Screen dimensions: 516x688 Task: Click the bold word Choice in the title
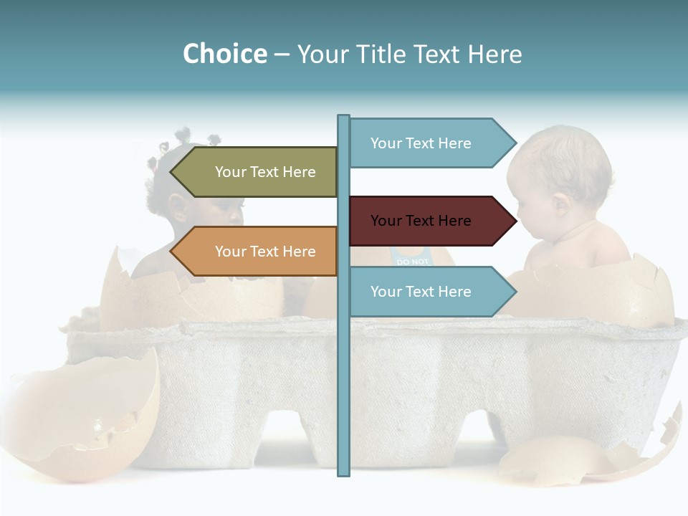point(224,54)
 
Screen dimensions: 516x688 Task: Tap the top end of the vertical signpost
point(343,118)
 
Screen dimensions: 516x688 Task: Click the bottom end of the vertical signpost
point(343,473)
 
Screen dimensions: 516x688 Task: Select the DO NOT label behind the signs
point(412,261)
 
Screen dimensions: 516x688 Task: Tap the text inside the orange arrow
point(265,252)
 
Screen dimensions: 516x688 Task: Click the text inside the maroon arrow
point(421,221)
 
